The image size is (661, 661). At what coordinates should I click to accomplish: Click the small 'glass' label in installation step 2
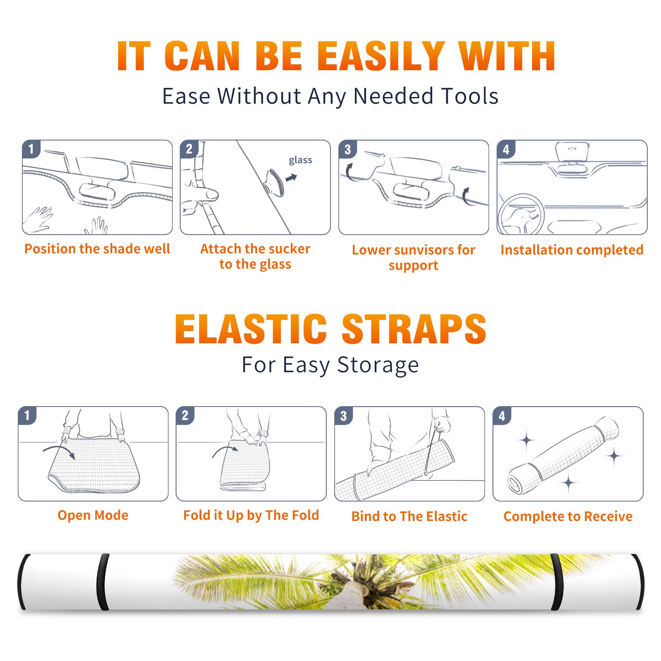click(x=300, y=160)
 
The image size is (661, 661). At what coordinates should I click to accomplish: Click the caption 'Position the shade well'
click(x=97, y=249)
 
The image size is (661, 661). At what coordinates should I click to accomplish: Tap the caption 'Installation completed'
click(x=572, y=250)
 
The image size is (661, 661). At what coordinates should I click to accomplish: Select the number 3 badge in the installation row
click(x=348, y=149)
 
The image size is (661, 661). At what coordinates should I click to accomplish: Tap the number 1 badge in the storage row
click(x=27, y=415)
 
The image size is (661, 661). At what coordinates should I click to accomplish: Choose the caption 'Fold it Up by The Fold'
click(x=251, y=515)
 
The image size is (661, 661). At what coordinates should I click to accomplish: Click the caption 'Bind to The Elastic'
click(x=409, y=516)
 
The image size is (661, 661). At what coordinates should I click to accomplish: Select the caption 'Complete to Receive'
click(x=568, y=516)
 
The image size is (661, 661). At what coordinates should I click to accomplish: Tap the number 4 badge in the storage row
click(x=502, y=416)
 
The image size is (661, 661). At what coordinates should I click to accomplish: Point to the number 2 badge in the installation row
click(x=189, y=149)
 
